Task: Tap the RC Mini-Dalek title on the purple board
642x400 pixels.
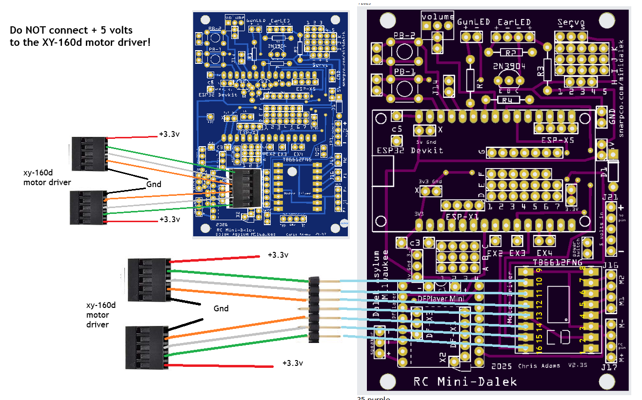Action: click(x=465, y=381)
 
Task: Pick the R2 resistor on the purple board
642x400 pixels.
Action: click(x=510, y=53)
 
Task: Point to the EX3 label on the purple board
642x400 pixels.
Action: click(x=517, y=253)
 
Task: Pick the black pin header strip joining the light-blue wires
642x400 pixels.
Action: click(x=314, y=309)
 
